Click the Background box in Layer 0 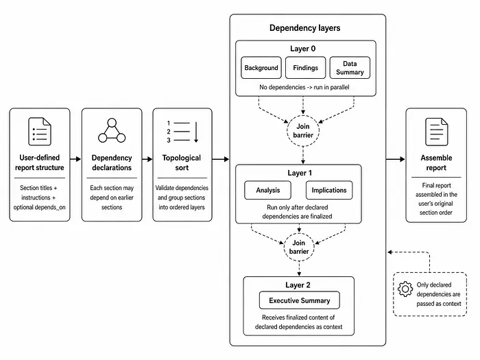point(261,68)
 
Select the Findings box point(306,68)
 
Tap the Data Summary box point(350,68)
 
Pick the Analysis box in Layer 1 point(268,190)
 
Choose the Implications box point(329,190)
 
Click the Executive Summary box point(300,300)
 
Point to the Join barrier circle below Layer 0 point(303,131)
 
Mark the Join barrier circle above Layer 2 point(299,247)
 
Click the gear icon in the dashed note point(405,289)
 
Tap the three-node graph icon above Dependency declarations point(112,131)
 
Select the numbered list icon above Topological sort point(182,132)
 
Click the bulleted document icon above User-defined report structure point(40,132)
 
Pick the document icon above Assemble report point(437,132)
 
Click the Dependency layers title point(305,28)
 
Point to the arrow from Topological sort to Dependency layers point(220,159)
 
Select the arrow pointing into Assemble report point(396,159)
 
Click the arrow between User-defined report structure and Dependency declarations point(75,159)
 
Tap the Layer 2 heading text point(298,285)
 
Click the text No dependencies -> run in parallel point(304,87)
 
